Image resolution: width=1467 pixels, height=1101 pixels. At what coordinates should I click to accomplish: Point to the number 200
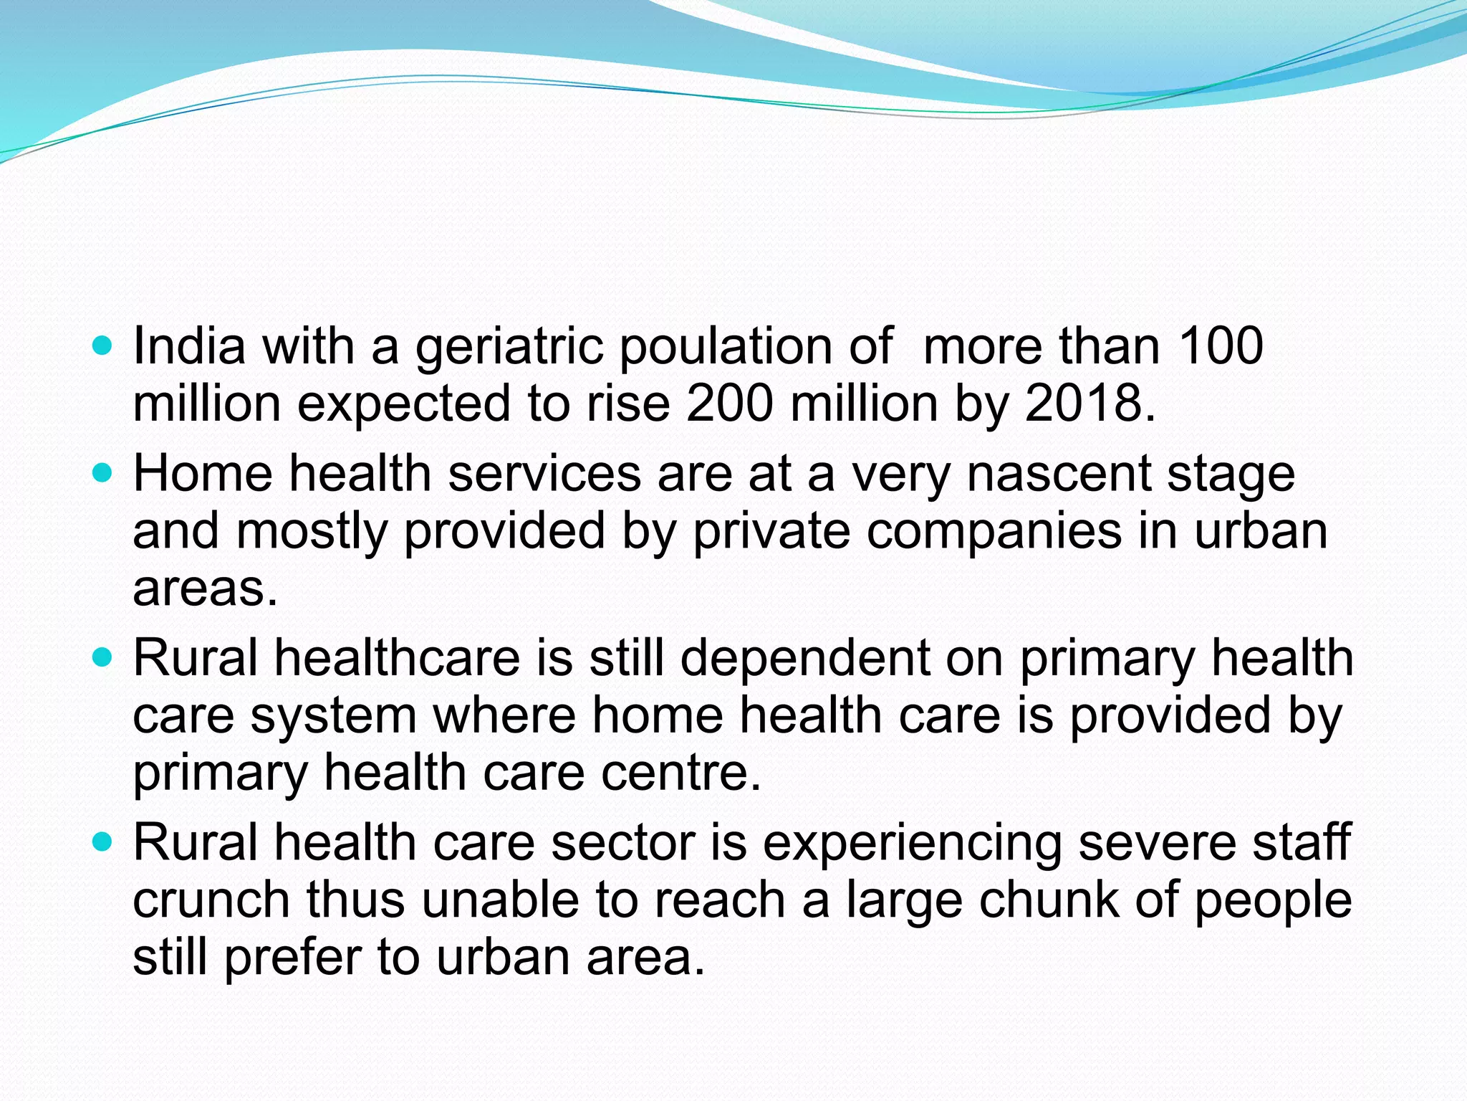coord(730,404)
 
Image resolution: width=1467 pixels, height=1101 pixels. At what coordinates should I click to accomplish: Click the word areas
coord(204,589)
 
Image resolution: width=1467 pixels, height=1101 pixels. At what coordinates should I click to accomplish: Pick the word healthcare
coord(398,658)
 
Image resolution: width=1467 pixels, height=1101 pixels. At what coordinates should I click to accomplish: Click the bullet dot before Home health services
coord(103,474)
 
